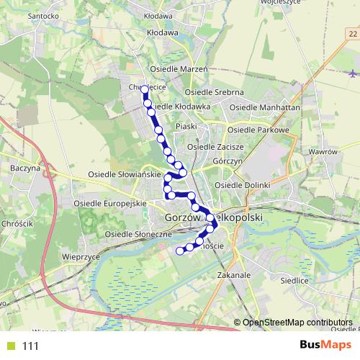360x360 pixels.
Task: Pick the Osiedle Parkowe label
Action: pyautogui.click(x=258, y=130)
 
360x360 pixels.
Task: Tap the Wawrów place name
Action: pyautogui.click(x=323, y=153)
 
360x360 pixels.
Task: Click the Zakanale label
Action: pyautogui.click(x=233, y=275)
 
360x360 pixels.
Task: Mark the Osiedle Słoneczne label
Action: pyautogui.click(x=138, y=235)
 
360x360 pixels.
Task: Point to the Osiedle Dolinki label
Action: pyautogui.click(x=242, y=185)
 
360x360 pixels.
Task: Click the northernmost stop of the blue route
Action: pyautogui.click(x=145, y=90)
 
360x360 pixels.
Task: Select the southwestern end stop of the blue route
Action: pyautogui.click(x=180, y=251)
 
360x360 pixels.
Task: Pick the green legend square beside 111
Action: pyautogui.click(x=10, y=346)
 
